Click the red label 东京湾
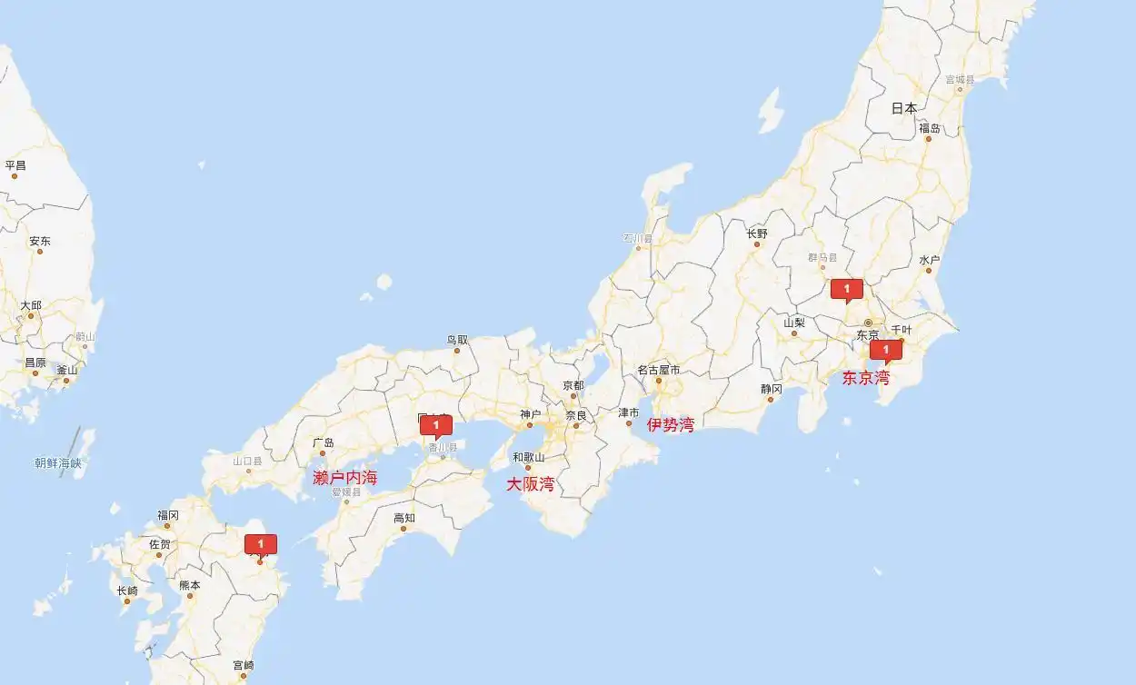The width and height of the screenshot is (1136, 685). (x=865, y=378)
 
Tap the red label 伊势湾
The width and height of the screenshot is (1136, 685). (x=671, y=424)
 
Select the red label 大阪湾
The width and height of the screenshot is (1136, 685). (x=530, y=484)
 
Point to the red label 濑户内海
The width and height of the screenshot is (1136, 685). (x=344, y=478)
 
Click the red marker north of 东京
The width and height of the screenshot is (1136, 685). (x=847, y=290)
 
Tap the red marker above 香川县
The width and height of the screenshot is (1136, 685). (x=436, y=425)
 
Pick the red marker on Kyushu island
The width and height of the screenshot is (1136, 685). (x=261, y=544)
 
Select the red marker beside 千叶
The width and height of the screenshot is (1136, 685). (x=886, y=350)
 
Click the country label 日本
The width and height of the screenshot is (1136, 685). (x=904, y=108)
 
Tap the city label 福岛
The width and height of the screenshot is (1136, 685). (x=930, y=128)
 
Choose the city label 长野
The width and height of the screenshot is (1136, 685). (x=757, y=233)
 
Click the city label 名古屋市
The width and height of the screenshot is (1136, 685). (x=658, y=370)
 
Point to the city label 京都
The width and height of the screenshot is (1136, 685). (x=573, y=385)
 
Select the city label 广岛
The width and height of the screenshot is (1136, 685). (x=324, y=443)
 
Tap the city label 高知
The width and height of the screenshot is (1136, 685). (x=404, y=518)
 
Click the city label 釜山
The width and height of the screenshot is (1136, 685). (x=67, y=370)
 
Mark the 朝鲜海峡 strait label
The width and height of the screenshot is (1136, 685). (x=58, y=463)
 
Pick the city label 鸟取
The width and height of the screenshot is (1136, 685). (x=457, y=341)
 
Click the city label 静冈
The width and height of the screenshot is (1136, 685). (x=771, y=389)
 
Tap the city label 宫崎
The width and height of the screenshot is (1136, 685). (x=244, y=665)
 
